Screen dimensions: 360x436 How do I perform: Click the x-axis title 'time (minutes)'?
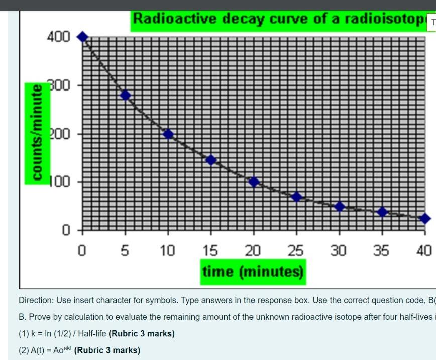pos(253,272)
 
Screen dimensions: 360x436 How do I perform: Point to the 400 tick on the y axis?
pos(59,37)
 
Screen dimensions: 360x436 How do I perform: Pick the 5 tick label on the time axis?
pos(125,250)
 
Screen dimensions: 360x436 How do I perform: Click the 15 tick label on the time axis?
pos(210,250)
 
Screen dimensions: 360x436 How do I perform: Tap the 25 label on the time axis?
pos(296,250)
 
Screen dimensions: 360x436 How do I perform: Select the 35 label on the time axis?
pos(381,250)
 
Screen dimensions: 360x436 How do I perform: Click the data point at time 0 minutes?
pos(83,37)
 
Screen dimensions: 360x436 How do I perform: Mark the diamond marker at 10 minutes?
pos(168,134)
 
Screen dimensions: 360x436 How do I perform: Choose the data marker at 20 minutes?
pos(254,182)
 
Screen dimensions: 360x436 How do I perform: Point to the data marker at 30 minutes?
pos(340,206)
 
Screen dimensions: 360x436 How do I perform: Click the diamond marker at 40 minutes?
pos(425,218)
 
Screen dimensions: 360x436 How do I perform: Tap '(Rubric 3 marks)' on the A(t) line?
pos(107,350)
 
